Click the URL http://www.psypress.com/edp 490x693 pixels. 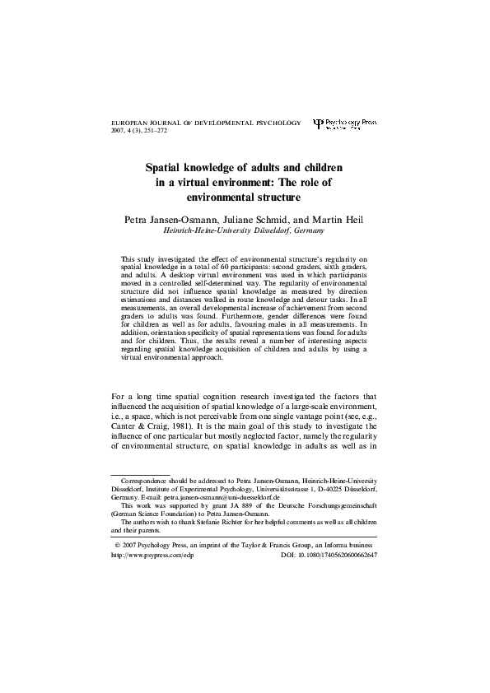coord(145,556)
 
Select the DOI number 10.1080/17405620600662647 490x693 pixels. coord(338,556)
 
